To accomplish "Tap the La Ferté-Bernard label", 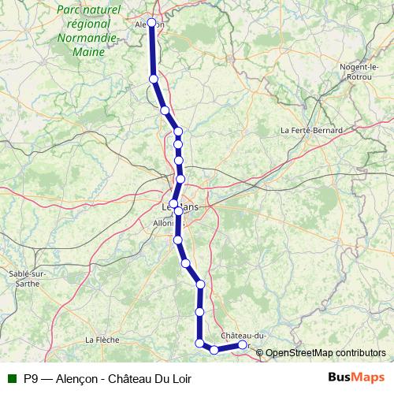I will tap(312, 130).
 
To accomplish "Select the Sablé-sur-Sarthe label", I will tap(27, 278).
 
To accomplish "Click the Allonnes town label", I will tap(165, 223).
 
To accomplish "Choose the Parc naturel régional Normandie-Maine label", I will tap(88, 31).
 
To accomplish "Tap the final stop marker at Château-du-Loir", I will tap(242, 344).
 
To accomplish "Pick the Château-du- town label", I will tap(245, 335).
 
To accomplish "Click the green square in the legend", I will tap(12, 378).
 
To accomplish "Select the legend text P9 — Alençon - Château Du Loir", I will tap(107, 378).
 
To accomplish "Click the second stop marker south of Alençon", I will tap(165, 110).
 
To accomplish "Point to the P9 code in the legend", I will tap(30, 378).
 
